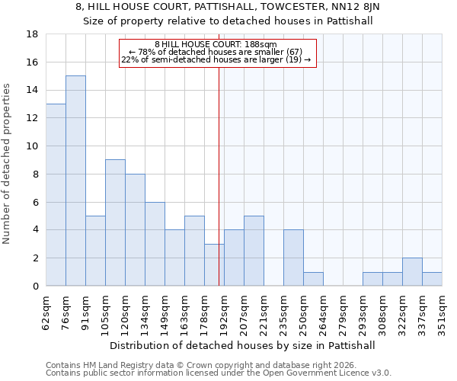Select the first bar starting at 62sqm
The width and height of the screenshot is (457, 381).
coord(56,195)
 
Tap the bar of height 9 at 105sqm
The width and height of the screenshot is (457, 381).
coord(115,223)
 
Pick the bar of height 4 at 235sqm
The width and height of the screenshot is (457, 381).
coord(293,258)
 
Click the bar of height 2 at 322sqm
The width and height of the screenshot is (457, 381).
coord(412,272)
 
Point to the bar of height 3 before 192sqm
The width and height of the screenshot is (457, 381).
coord(214,265)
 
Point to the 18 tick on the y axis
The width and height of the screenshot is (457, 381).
coord(33,34)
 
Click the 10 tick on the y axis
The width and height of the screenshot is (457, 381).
coord(33,146)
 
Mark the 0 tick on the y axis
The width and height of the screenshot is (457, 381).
coord(36,287)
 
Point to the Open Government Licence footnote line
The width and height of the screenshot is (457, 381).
coord(219,373)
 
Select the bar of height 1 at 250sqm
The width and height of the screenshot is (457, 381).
coord(313,279)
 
